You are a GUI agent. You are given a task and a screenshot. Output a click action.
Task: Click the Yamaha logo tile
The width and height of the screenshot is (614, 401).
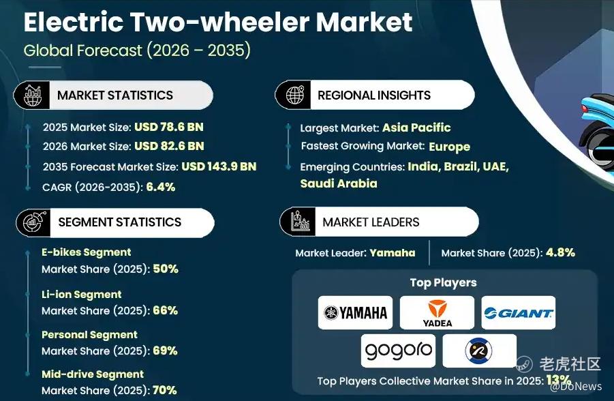pos(355,312)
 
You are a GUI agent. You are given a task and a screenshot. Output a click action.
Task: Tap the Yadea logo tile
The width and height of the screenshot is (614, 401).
pos(437,312)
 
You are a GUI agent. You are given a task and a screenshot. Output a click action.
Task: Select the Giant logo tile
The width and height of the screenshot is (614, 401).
pos(519,312)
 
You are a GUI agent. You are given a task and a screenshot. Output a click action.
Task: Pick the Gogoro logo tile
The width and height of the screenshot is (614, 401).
pos(398,351)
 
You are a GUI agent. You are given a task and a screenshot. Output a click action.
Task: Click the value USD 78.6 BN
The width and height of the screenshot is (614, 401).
pos(169,127)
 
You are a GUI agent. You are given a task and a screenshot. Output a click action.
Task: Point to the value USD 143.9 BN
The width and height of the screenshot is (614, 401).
pos(219,166)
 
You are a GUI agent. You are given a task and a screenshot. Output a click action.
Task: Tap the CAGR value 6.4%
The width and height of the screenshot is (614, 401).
pos(161,187)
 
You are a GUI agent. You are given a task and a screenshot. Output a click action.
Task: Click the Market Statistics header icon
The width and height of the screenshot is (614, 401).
pos(33,95)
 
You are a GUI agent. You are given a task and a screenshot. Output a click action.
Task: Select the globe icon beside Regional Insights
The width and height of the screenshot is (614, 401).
pos(294,95)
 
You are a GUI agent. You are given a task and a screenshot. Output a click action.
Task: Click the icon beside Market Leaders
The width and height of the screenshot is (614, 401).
pos(300,222)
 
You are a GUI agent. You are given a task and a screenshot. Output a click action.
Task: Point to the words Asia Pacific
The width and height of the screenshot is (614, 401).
pos(416,128)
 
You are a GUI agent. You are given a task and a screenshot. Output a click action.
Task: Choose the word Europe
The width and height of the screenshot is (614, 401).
pos(450,147)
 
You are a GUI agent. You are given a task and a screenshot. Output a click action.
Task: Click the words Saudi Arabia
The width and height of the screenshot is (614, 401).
pos(339,183)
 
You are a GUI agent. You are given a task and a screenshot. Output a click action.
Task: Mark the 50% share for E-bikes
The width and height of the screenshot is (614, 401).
pos(166,269)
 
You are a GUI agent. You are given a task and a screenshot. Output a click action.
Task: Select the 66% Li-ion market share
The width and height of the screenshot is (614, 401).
pos(165,310)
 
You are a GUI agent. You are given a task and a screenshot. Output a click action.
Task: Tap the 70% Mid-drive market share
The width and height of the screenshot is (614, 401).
pos(164,390)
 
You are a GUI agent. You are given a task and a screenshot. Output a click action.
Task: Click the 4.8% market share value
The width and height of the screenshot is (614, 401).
pos(560,252)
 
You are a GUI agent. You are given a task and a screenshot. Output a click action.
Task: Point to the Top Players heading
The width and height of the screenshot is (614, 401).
pos(443,282)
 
